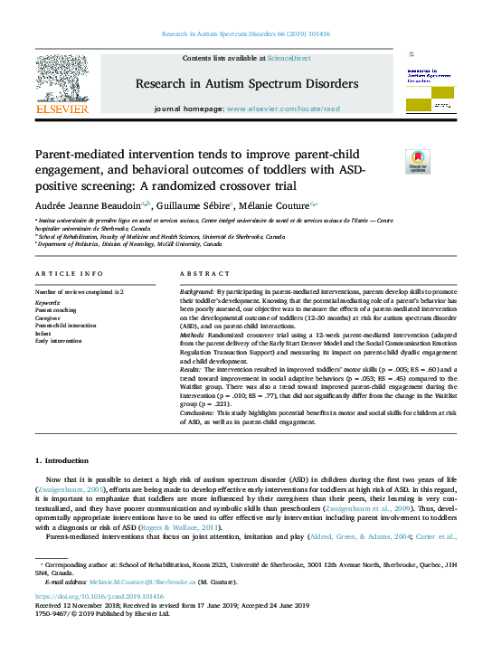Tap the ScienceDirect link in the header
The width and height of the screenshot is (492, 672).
tap(289, 58)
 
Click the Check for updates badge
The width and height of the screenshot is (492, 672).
tap(393, 162)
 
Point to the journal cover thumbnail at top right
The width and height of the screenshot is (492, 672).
tap(430, 85)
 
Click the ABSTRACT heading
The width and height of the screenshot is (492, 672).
tap(199, 273)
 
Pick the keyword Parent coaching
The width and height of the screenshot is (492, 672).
tap(56, 309)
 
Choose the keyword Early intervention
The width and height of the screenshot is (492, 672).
tap(59, 340)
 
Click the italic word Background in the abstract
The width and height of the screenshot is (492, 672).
tap(196, 293)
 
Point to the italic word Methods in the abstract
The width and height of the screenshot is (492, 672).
tap(193, 334)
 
